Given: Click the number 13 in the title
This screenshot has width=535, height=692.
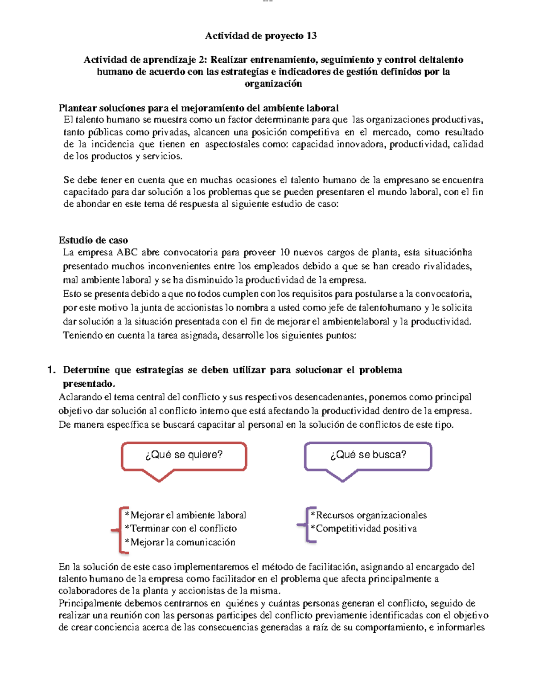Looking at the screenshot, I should [311, 36].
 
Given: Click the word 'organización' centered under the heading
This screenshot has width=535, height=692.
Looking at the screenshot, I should [273, 84].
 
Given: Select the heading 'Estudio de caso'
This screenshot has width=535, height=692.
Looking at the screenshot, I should [93, 240].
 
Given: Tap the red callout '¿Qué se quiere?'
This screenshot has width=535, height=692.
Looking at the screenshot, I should [184, 455].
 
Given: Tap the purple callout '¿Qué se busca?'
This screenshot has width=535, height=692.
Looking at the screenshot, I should [368, 455].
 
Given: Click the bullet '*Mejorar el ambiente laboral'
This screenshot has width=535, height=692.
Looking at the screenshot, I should [185, 515].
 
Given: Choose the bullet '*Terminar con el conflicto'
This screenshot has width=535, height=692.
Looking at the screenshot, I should [181, 528].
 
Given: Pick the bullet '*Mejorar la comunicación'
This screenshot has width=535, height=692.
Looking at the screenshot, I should [180, 542].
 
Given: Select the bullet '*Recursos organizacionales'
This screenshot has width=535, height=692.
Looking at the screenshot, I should [369, 515].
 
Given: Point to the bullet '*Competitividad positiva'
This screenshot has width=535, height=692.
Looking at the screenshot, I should [364, 528].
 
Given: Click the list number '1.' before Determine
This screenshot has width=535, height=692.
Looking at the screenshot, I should [51, 370].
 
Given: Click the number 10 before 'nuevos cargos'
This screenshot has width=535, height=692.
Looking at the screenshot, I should [284, 253].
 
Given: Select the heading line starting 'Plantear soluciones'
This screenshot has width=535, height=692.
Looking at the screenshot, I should [198, 108].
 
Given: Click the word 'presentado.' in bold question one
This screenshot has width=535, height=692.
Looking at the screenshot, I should [89, 384].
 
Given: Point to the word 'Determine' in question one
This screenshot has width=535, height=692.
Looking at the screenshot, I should [86, 370].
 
